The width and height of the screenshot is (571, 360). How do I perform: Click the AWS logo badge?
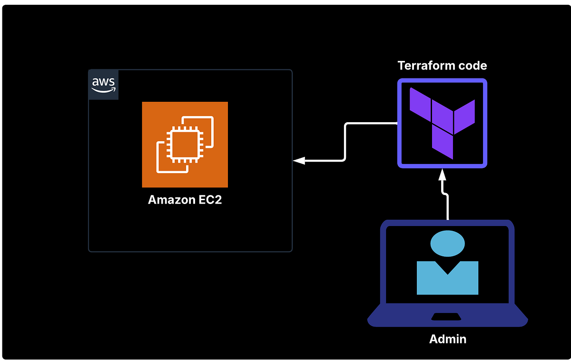point(103,85)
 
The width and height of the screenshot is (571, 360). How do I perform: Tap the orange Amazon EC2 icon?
point(185,144)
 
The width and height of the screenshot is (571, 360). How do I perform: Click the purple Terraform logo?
point(442,123)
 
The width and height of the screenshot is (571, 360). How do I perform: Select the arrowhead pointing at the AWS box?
point(299,161)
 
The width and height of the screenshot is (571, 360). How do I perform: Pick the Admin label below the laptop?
point(447,339)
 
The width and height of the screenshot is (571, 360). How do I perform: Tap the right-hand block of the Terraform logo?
point(464,117)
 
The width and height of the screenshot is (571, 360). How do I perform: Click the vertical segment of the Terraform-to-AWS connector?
point(345,142)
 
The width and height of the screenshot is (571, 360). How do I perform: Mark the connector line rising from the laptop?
point(447,207)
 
